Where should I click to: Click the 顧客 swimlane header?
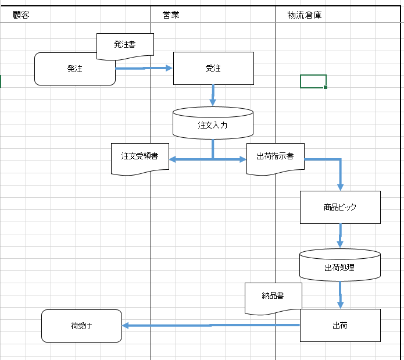[21, 15]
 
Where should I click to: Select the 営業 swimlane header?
[171, 15]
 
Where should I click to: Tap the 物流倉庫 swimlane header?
[304, 15]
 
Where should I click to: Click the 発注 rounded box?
[75, 69]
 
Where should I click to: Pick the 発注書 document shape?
[125, 44]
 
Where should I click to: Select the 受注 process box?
[213, 69]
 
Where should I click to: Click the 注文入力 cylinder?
[213, 124]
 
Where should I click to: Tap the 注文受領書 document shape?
[140, 157]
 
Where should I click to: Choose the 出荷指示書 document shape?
[275, 157]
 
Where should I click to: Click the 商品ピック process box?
[340, 207]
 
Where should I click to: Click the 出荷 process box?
[340, 325]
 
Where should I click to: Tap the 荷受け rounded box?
[81, 326]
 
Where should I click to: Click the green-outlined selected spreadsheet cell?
[313, 81]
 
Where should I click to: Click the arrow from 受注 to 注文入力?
[213, 95]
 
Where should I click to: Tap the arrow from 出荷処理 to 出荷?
[340, 295]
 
